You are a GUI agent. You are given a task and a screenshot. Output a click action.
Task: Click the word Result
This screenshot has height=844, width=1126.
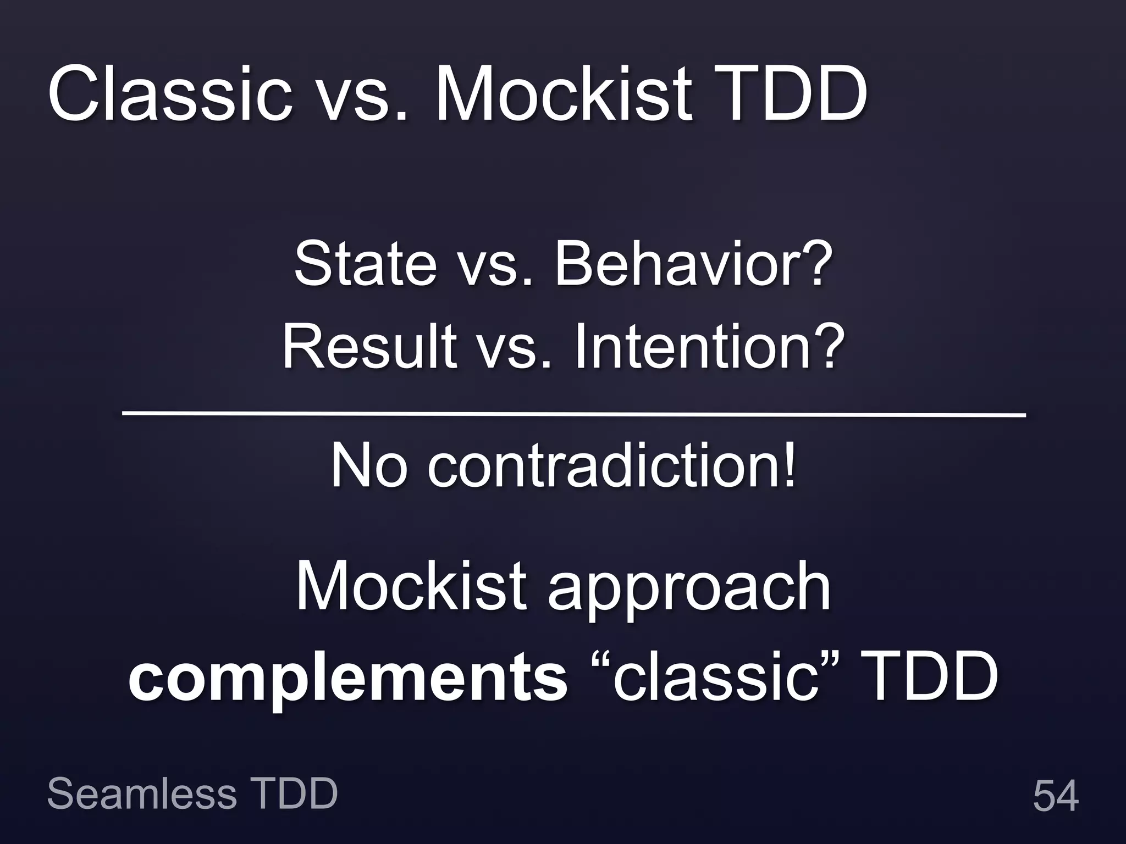369,347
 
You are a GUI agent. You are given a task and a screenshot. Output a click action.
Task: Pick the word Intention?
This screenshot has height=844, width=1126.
709,347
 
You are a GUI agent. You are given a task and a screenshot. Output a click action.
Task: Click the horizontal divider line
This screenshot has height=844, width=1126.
573,413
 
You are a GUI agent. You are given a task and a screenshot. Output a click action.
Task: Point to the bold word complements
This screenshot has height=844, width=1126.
348,679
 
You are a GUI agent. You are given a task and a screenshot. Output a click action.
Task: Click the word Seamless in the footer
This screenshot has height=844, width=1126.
142,794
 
